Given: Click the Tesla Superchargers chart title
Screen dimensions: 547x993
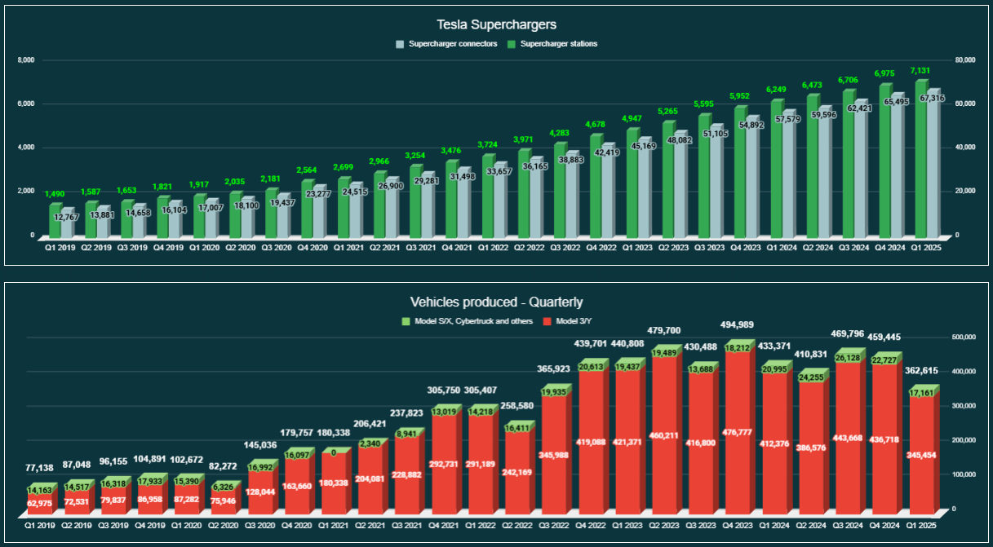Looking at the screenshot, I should click(496, 25).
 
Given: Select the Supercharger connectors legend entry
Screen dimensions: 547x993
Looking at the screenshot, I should click(446, 44).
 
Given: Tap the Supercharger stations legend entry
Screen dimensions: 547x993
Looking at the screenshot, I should click(552, 44).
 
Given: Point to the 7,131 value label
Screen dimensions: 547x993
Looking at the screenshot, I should click(920, 71).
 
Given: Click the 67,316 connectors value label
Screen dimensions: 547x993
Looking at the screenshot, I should click(933, 98).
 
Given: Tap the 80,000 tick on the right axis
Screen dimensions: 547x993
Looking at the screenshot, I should click(965, 60).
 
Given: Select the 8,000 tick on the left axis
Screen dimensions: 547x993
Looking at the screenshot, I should click(27, 60).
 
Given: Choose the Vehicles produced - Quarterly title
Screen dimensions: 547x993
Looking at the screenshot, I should click(495, 302).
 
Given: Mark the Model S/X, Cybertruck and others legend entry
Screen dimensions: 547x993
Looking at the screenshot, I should click(468, 321).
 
